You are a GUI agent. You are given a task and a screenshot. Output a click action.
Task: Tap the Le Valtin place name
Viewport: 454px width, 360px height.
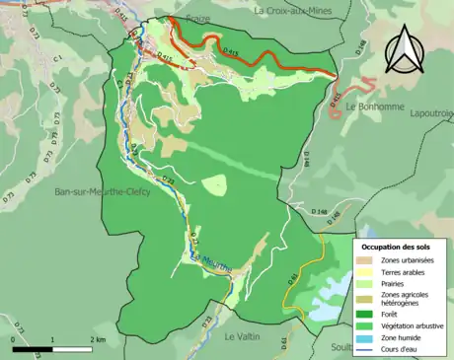pyautogui.click(x=243, y=336)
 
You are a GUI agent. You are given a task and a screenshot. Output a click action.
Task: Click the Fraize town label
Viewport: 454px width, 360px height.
pyautogui.click(x=195, y=19)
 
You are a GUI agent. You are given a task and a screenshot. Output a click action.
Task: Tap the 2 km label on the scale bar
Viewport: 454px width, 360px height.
pyautogui.click(x=97, y=339)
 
